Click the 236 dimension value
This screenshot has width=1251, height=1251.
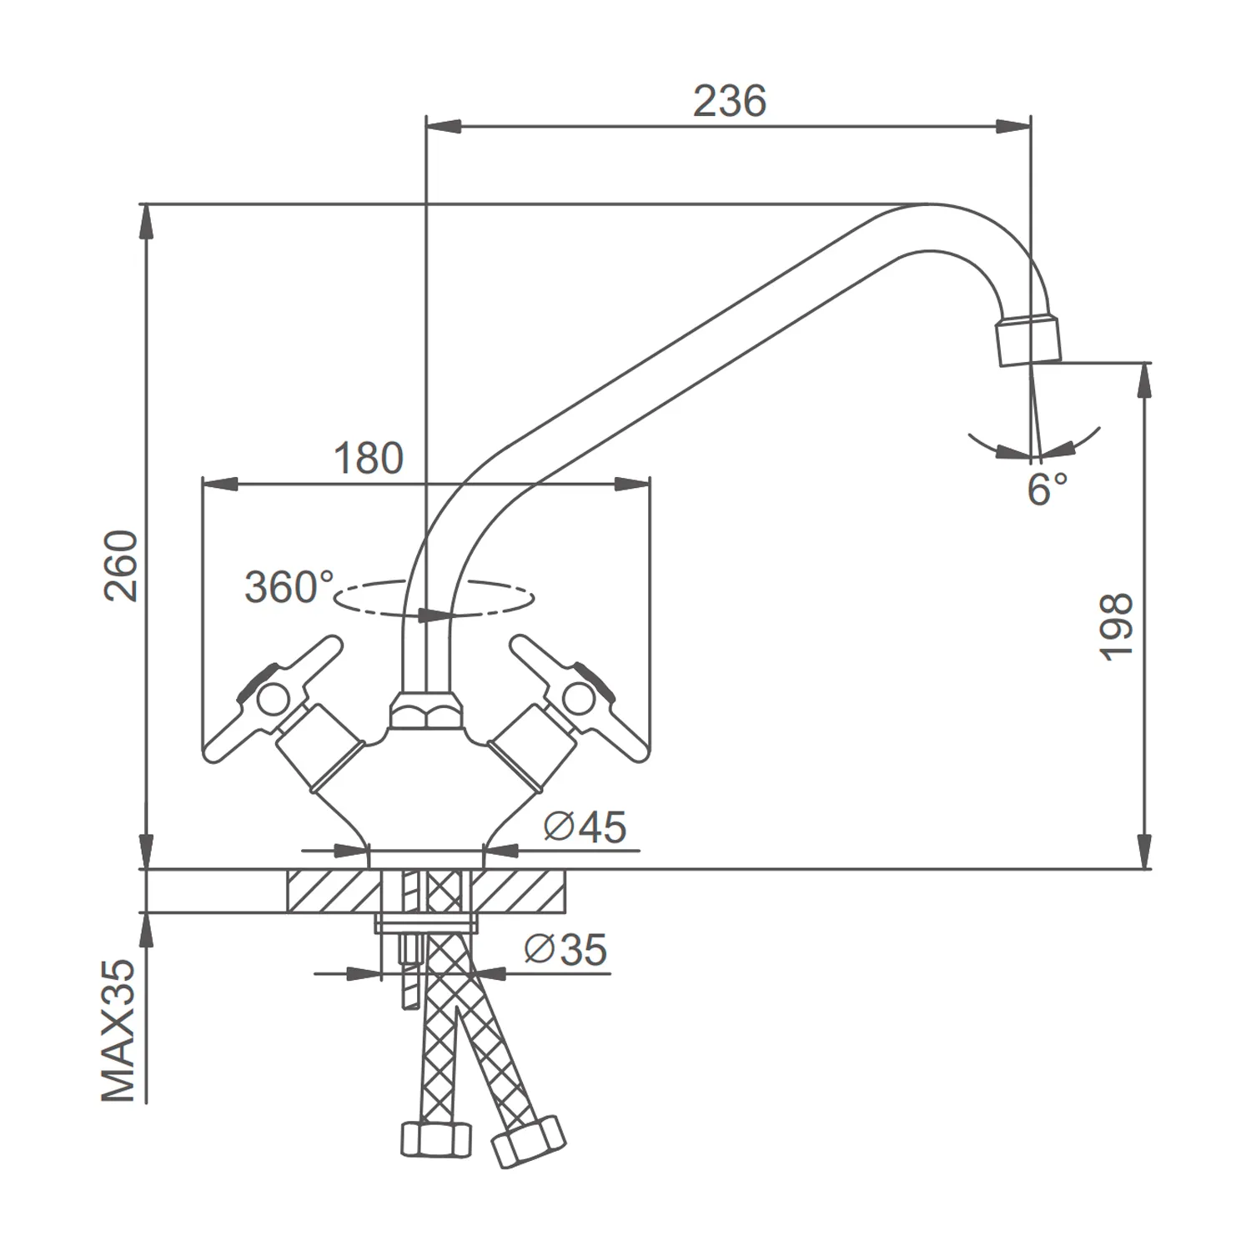tap(729, 102)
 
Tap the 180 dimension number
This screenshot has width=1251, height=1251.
tap(368, 459)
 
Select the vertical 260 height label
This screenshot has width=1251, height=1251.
tap(122, 565)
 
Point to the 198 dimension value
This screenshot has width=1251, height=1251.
tap(1117, 627)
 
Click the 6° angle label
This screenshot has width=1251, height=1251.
tap(1047, 489)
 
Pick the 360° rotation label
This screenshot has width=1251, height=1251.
tap(289, 587)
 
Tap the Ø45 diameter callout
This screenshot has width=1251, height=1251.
tap(585, 827)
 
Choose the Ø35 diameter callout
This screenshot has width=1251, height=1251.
tap(565, 949)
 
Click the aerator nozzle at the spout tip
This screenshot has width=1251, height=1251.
tap(1029, 340)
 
